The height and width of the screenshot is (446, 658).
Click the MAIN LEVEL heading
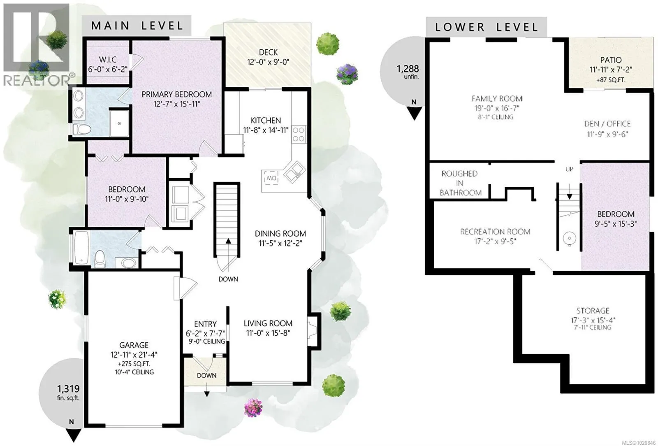point(137,26)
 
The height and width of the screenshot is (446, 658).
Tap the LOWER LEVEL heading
point(487,27)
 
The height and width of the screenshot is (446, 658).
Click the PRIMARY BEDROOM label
point(176,99)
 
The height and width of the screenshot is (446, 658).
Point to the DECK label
point(268,57)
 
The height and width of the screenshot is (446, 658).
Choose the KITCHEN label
point(266,125)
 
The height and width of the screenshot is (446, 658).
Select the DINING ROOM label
point(280,238)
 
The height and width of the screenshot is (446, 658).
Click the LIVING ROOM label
point(268,328)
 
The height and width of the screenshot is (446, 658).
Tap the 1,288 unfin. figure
point(408,72)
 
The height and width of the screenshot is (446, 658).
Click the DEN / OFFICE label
point(607,128)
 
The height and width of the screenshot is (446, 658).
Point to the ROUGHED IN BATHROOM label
point(460,183)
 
